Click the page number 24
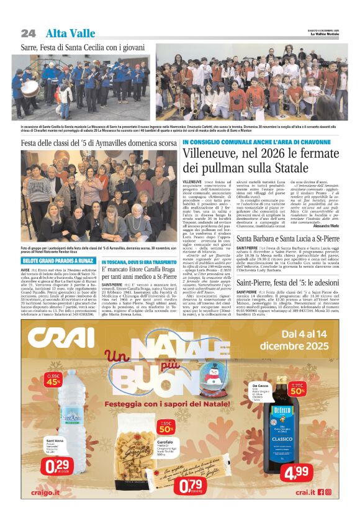[x=28, y=33]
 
